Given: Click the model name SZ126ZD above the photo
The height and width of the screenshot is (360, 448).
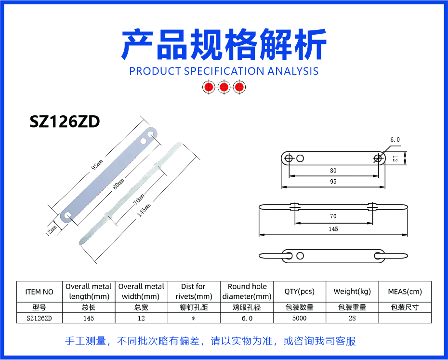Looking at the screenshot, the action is pyautogui.click(x=65, y=121).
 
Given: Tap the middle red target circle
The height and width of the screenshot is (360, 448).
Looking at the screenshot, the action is pyautogui.click(x=224, y=87).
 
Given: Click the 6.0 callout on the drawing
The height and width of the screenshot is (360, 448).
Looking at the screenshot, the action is pyautogui.click(x=395, y=140).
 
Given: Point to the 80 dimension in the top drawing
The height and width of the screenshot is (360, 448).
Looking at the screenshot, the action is pyautogui.click(x=333, y=171).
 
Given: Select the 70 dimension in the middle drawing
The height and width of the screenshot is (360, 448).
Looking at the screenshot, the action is pyautogui.click(x=333, y=216).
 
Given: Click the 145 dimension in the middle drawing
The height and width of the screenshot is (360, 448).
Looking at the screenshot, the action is pyautogui.click(x=333, y=229).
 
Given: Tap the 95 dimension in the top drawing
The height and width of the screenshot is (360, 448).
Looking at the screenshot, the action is pyautogui.click(x=333, y=182).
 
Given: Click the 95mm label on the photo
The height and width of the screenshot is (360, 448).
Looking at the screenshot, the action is pyautogui.click(x=97, y=165).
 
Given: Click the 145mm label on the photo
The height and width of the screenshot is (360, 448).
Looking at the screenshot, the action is pyautogui.click(x=144, y=210).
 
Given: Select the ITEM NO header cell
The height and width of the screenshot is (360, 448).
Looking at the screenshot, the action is pyautogui.click(x=39, y=292).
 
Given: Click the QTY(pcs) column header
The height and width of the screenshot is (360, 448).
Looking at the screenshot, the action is pyautogui.click(x=300, y=292).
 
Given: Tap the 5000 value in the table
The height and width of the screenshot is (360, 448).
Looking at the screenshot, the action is pyautogui.click(x=300, y=318).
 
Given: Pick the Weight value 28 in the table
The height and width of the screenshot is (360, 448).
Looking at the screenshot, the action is pyautogui.click(x=352, y=318).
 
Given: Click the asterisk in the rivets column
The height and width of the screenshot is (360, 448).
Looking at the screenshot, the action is pyautogui.click(x=194, y=319).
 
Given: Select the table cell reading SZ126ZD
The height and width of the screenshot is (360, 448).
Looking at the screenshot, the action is pyautogui.click(x=39, y=318).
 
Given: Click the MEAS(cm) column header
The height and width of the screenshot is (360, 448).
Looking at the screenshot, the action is pyautogui.click(x=405, y=292).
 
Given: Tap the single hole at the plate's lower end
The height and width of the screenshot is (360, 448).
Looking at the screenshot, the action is pyautogui.click(x=68, y=215).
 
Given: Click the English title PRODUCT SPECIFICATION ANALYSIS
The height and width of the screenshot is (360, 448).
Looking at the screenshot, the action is pyautogui.click(x=224, y=71).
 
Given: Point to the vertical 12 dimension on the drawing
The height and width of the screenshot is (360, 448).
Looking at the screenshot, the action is pyautogui.click(x=395, y=159).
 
